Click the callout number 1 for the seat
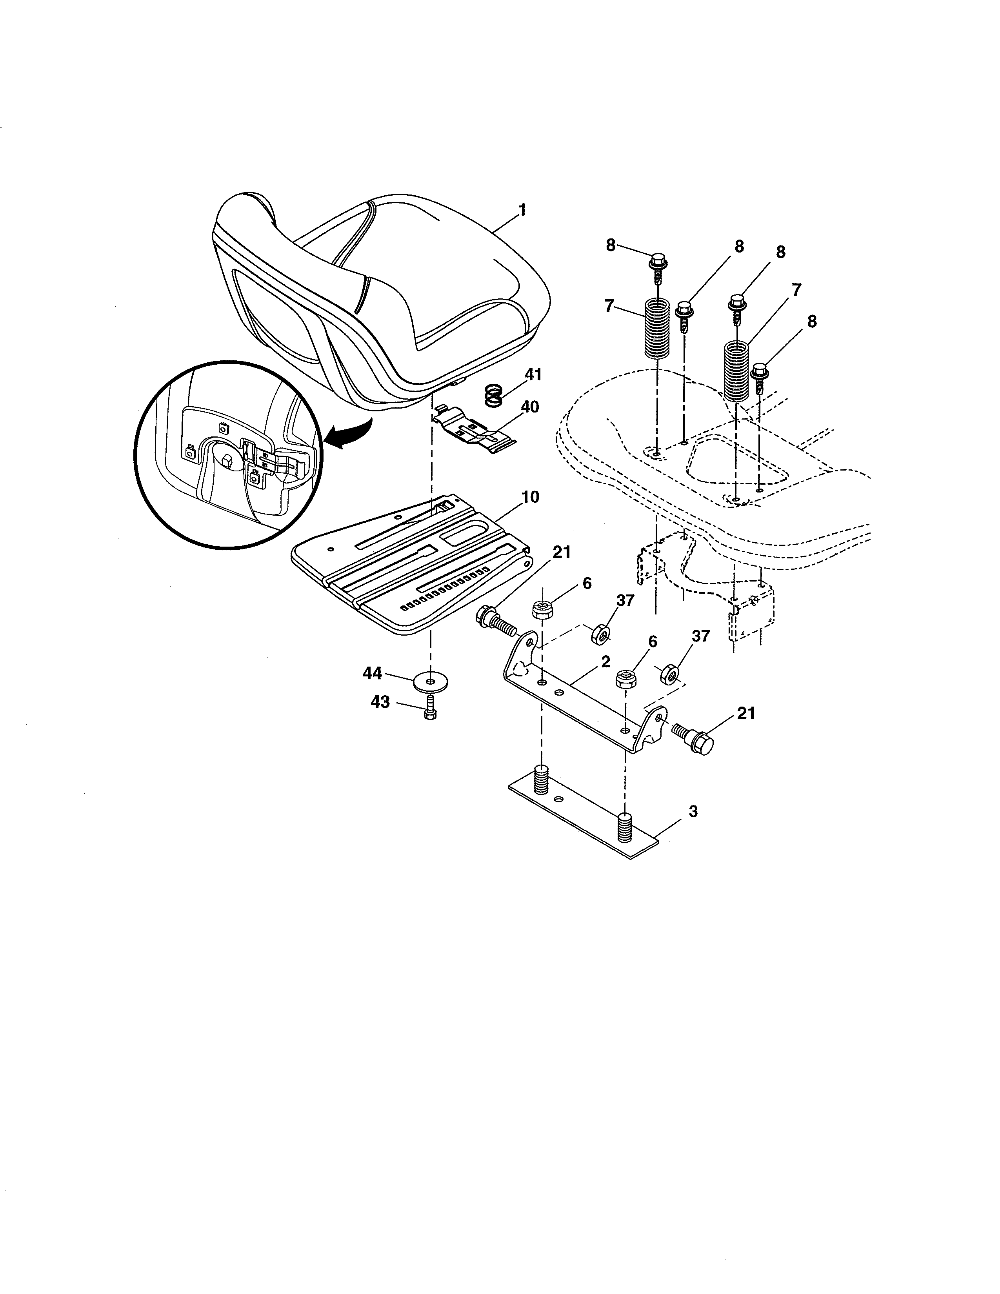[522, 210]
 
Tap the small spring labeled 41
[493, 395]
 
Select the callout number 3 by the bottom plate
[693, 811]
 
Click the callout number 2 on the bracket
[605, 662]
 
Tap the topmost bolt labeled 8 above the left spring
[657, 264]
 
